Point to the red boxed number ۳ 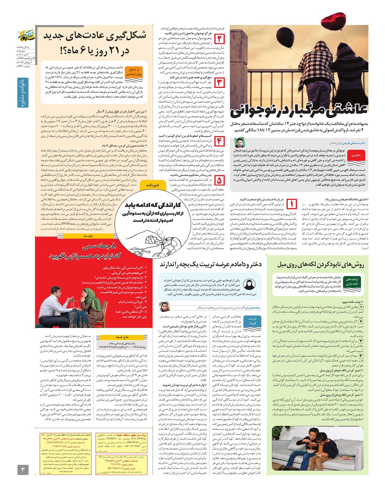pos(219,82)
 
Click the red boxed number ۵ pos(219,180)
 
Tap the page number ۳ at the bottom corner pos(23,470)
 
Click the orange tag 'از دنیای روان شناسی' pos(134,72)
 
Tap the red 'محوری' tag pos(356,155)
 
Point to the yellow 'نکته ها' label pos(88,236)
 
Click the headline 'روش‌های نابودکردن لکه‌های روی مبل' pos(321,264)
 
